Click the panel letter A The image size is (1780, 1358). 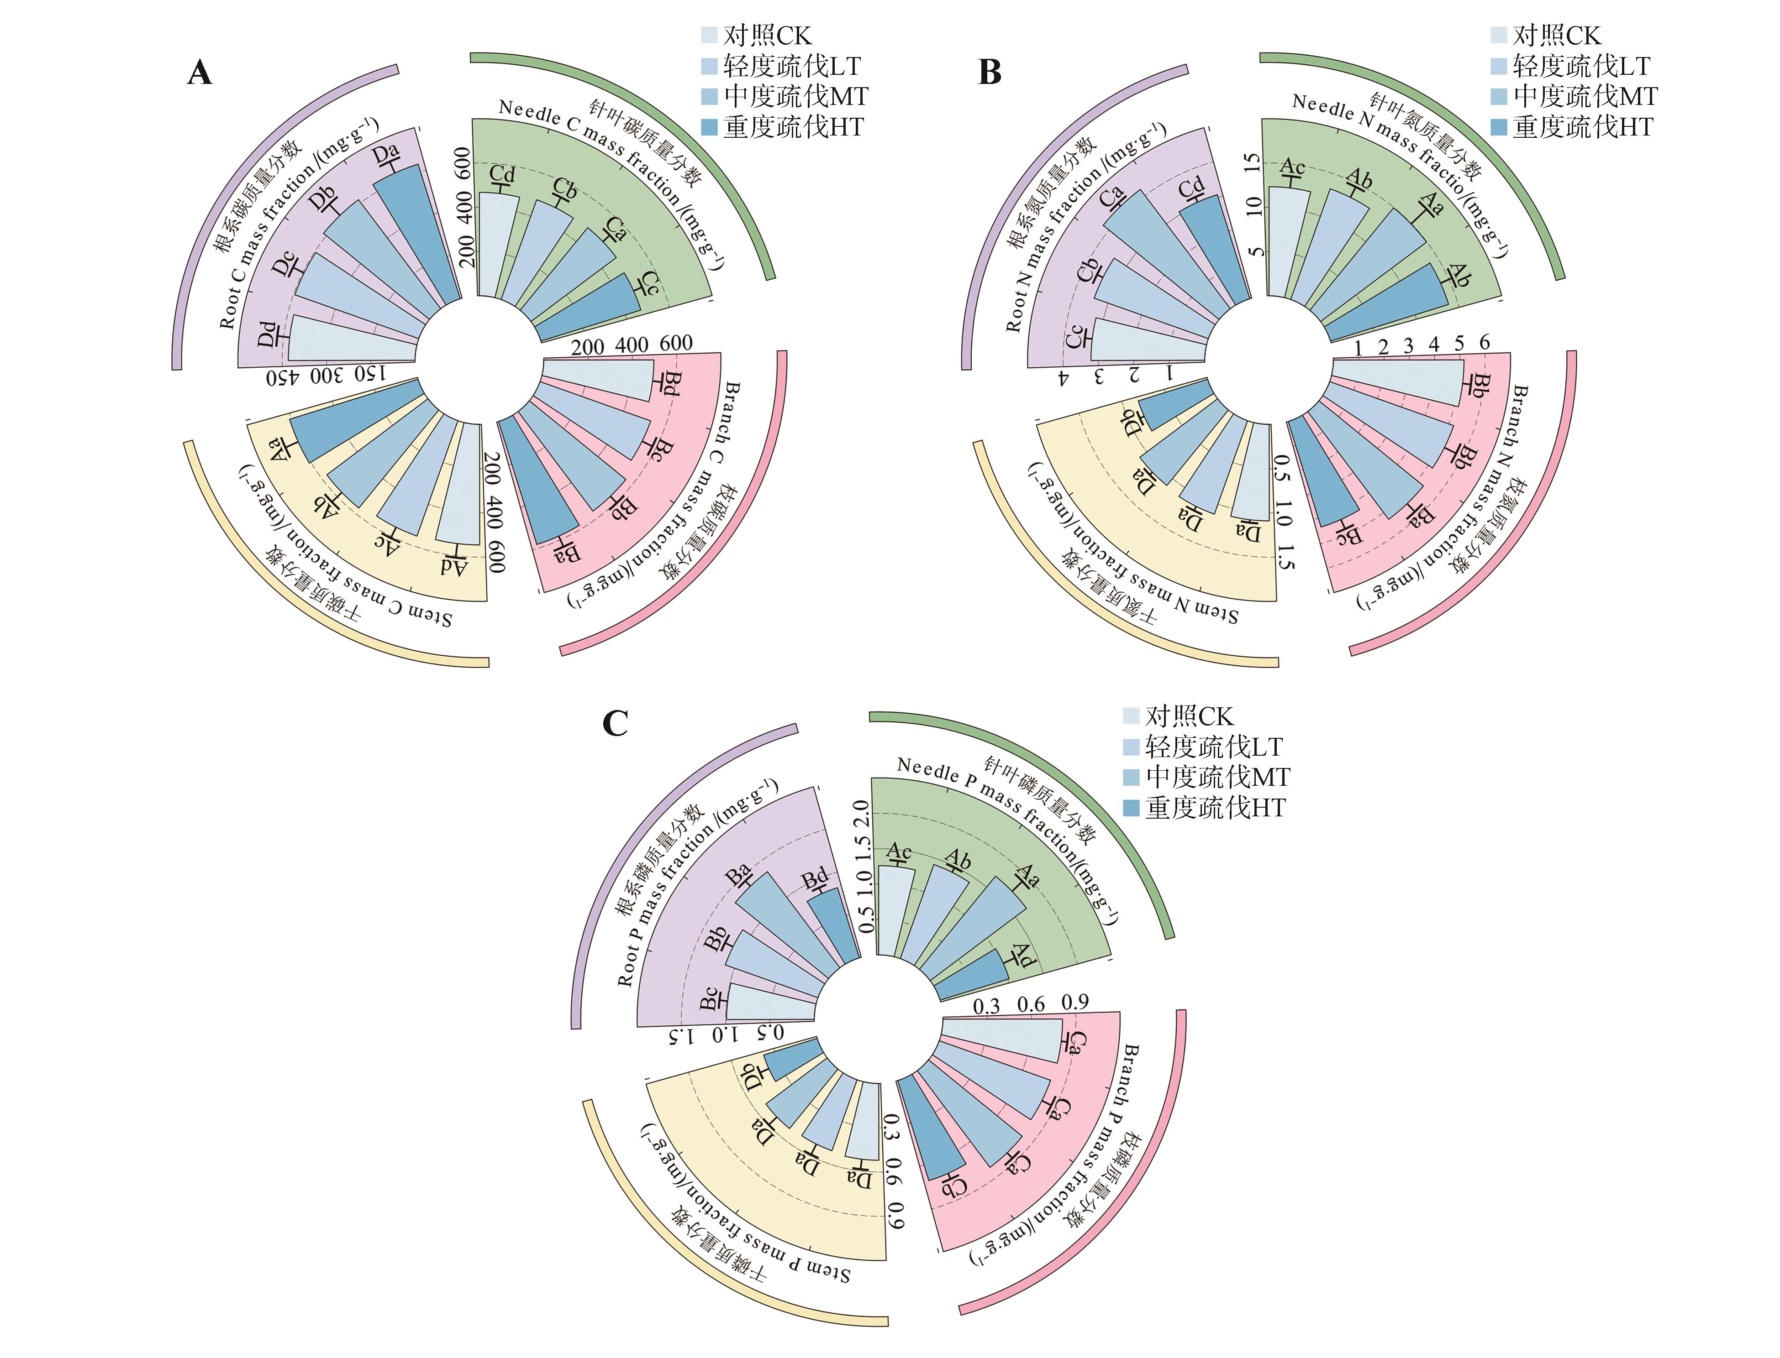(200, 73)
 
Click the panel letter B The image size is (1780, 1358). (990, 73)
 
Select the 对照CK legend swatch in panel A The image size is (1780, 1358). (709, 35)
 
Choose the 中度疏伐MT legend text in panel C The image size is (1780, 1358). (1217, 777)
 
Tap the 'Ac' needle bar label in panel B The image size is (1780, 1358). (1292, 167)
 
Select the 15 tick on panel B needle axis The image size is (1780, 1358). (1253, 163)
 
